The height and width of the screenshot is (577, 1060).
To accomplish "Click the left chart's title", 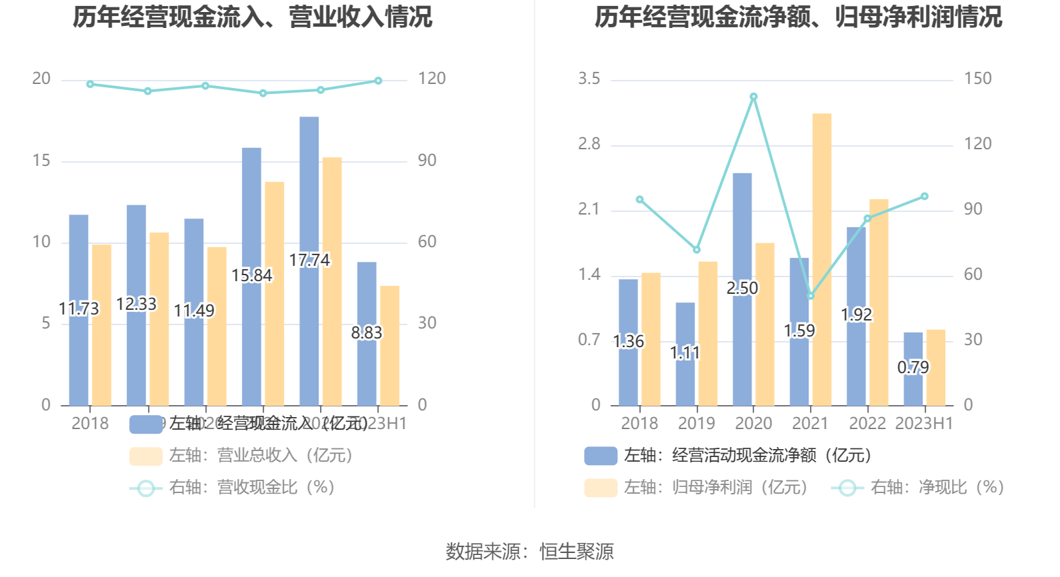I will pyautogui.click(x=252, y=17).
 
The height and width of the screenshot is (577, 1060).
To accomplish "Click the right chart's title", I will pyautogui.click(x=798, y=17).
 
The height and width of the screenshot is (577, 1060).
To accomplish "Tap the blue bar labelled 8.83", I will pyautogui.click(x=366, y=333).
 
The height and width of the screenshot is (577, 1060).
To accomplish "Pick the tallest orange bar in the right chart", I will pyautogui.click(x=821, y=259).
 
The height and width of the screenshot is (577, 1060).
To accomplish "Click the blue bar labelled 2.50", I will pyautogui.click(x=742, y=289).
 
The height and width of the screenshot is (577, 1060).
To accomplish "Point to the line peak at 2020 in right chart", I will pyautogui.click(x=753, y=97).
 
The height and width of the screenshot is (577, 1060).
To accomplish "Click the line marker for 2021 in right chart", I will pyautogui.click(x=811, y=296).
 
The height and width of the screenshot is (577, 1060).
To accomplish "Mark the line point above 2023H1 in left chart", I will pyautogui.click(x=378, y=81).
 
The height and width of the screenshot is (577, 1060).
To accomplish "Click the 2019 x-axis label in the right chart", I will pyautogui.click(x=696, y=424).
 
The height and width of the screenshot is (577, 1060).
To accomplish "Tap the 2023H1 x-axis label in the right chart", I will pyautogui.click(x=924, y=424).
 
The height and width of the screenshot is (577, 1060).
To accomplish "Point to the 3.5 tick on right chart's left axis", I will pyautogui.click(x=589, y=79).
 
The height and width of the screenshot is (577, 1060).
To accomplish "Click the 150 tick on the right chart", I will pyautogui.click(x=977, y=79).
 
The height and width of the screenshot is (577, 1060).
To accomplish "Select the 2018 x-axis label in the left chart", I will pyautogui.click(x=90, y=424).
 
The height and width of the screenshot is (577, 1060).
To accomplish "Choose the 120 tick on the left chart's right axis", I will pyautogui.click(x=431, y=79).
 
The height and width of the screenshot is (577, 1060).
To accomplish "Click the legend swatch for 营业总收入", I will pyautogui.click(x=146, y=456).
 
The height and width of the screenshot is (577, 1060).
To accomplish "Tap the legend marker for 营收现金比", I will pyautogui.click(x=146, y=488).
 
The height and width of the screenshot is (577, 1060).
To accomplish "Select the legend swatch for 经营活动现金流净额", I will pyautogui.click(x=600, y=456).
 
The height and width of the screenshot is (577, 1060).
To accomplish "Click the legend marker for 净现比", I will pyautogui.click(x=847, y=488).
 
